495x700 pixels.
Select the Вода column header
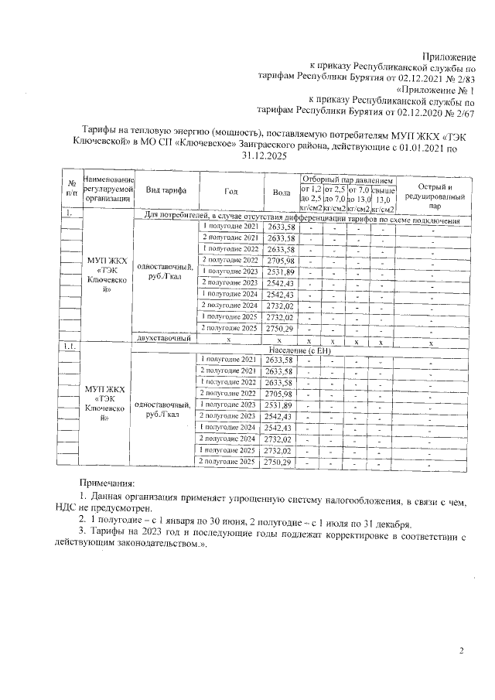[x=281, y=192]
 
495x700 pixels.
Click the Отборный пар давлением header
[x=348, y=179]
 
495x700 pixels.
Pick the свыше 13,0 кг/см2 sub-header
[x=383, y=199]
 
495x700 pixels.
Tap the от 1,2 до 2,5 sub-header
[x=311, y=199]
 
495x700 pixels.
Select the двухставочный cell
[x=163, y=339]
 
